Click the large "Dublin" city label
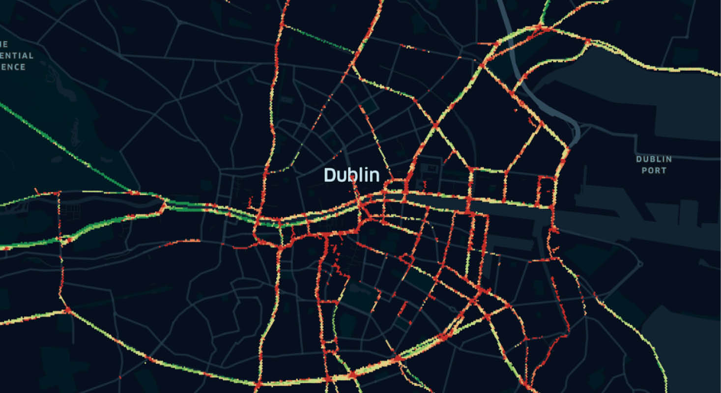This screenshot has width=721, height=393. pos(351,175)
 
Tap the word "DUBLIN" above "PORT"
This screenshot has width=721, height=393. pos(654,159)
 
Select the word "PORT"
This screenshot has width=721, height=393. pos(654,170)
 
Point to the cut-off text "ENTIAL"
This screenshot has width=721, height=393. pos(17,56)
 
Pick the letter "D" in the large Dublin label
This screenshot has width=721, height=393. pos(329,175)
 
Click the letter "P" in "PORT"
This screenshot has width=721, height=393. pos(643,170)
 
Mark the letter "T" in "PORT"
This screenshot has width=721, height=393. pos(663,170)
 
